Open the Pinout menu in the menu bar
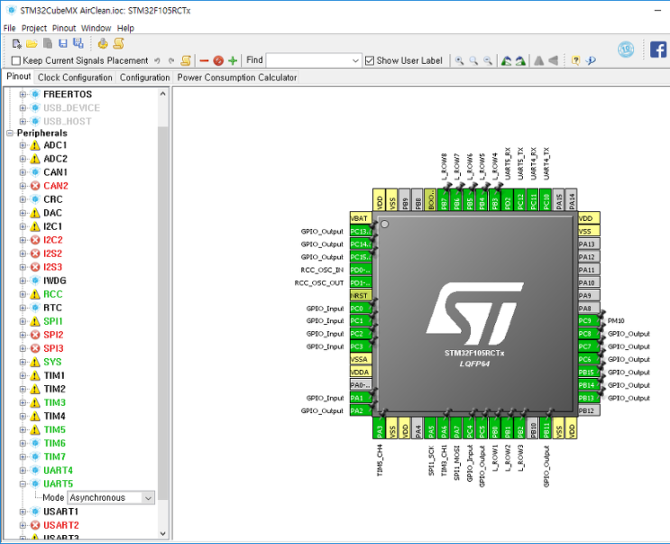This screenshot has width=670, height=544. (64, 28)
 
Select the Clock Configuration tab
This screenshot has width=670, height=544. (75, 78)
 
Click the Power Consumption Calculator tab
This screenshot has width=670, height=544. (236, 78)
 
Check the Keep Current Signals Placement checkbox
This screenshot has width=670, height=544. (15, 60)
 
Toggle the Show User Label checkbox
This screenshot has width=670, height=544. (370, 60)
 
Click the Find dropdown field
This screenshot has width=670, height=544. (313, 60)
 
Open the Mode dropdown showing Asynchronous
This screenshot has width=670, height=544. (111, 497)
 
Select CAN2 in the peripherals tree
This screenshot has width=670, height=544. (55, 185)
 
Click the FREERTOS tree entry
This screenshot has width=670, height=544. (67, 94)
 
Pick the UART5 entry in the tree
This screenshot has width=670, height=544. (59, 484)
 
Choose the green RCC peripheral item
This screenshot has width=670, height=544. (52, 294)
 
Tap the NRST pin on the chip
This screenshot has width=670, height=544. (359, 296)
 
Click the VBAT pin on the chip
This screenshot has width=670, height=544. (359, 219)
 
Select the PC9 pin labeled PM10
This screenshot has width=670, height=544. (586, 321)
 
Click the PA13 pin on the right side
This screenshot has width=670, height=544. (586, 244)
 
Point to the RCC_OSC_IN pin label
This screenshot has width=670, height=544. (319, 270)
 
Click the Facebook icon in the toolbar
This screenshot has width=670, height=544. (658, 50)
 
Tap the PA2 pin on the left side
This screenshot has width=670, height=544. (359, 410)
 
